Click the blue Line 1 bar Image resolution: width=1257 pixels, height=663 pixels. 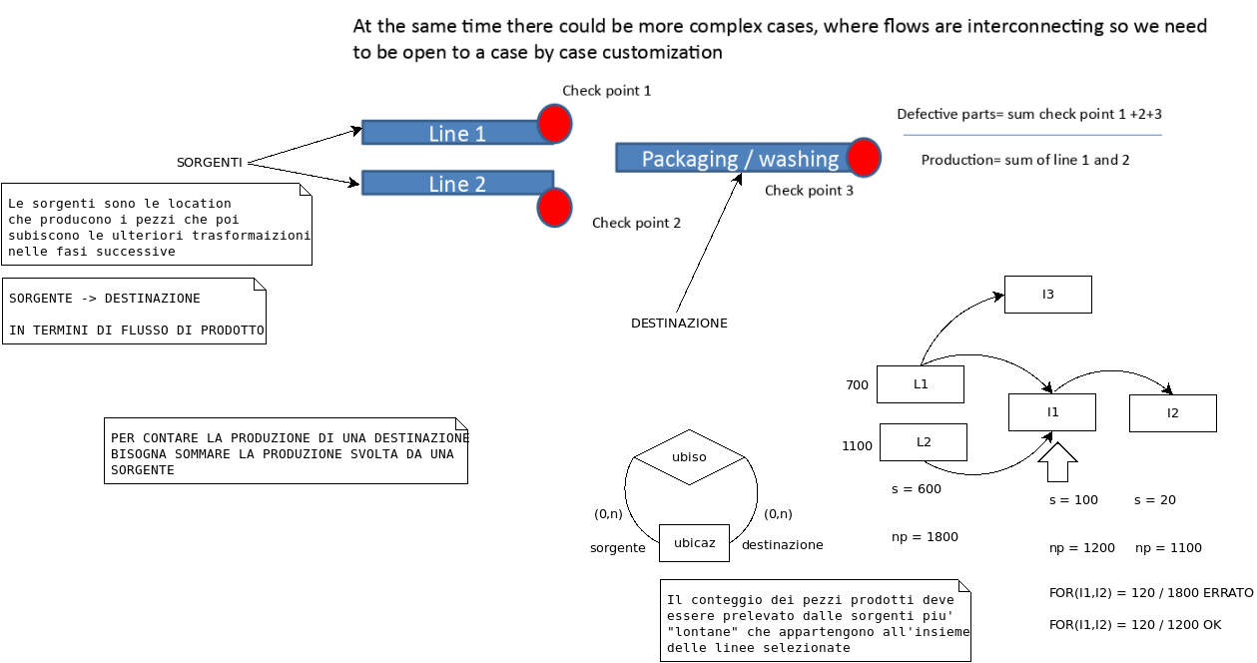point(455,133)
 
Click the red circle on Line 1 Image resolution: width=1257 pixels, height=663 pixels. point(554,124)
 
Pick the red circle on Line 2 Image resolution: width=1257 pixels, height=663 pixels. point(554,208)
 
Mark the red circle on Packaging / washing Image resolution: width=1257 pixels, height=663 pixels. point(864,158)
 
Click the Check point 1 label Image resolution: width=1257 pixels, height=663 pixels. point(606,91)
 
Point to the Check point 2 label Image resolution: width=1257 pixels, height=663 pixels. point(636,223)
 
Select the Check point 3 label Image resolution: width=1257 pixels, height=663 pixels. point(809,191)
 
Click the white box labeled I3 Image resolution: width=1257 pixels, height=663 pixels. point(1048,295)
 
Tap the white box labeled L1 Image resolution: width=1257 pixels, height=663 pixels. point(921,384)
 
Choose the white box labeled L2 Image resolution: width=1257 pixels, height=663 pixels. point(924,442)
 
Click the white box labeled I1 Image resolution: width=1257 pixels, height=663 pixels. point(1052,412)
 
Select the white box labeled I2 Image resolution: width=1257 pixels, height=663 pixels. point(1173,413)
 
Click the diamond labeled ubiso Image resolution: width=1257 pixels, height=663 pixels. point(689,457)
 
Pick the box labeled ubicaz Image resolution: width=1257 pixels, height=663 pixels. point(694,543)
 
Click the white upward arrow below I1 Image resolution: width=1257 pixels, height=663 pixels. point(1058,464)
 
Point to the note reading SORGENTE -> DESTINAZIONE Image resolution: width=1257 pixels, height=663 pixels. point(135,312)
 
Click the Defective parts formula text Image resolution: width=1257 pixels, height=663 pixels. point(1029,114)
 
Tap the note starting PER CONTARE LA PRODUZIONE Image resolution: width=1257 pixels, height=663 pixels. point(286,451)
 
